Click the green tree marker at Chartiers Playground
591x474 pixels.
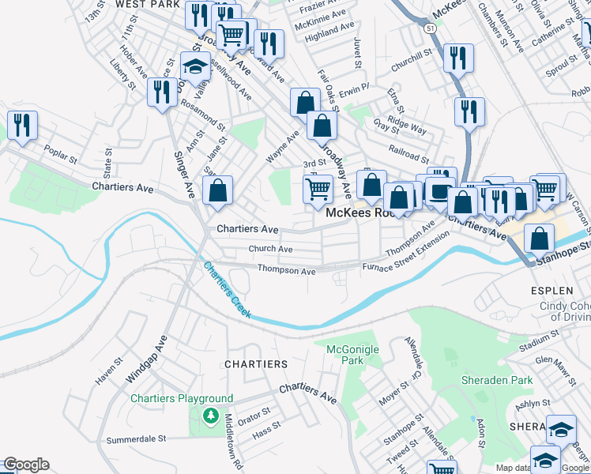pyautogui.click(x=210, y=416)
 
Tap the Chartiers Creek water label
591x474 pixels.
pyautogui.click(x=228, y=290)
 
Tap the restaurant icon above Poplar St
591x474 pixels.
pyautogui.click(x=22, y=126)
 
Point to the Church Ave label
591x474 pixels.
pyautogui.click(x=270, y=249)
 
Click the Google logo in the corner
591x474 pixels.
pyautogui.click(x=26, y=465)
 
